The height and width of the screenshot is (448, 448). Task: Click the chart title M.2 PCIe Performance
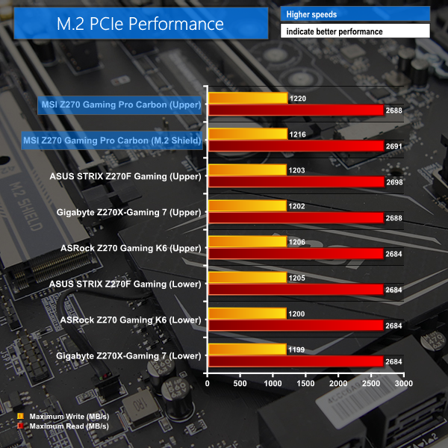140,23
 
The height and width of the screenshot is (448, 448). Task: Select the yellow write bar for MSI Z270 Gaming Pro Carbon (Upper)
248,98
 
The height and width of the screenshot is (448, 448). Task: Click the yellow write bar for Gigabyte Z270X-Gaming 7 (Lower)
247,349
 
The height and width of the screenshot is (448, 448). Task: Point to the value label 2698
394,182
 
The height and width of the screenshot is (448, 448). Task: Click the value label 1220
296,98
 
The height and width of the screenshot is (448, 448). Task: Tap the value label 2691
394,146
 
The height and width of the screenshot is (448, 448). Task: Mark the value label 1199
296,349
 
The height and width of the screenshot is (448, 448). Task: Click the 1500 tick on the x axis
306,383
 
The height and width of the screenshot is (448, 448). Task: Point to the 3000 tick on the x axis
404,383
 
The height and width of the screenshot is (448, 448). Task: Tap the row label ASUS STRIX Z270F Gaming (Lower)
125,284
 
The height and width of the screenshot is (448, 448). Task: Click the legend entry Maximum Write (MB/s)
68,415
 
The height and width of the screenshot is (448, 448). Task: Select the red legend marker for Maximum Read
20,426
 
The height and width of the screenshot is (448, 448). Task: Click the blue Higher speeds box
355,14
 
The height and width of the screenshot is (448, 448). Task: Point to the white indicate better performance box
355,31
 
